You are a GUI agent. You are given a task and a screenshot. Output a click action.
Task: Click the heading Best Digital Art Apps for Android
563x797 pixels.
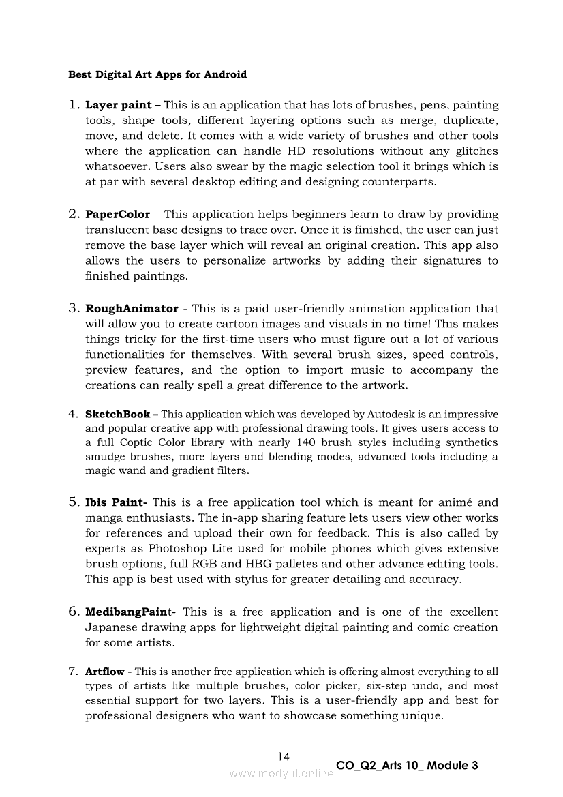pyautogui.click(x=157, y=74)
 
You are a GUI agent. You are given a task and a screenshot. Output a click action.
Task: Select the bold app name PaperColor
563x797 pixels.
pyautogui.click(x=117, y=215)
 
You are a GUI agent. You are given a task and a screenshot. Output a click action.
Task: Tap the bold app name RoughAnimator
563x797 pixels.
pyautogui.click(x=132, y=309)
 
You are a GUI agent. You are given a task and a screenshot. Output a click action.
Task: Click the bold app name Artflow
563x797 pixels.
pyautogui.click(x=105, y=672)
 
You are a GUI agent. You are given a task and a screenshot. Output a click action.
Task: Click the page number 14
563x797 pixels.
pyautogui.click(x=284, y=756)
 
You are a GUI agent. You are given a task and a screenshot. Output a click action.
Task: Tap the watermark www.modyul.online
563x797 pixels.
pyautogui.click(x=281, y=773)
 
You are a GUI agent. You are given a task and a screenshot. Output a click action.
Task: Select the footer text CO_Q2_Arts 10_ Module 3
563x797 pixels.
pyautogui.click(x=407, y=766)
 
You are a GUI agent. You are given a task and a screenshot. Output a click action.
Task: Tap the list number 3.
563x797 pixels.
pyautogui.click(x=74, y=309)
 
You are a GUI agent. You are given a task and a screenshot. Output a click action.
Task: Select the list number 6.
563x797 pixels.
pyautogui.click(x=74, y=612)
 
